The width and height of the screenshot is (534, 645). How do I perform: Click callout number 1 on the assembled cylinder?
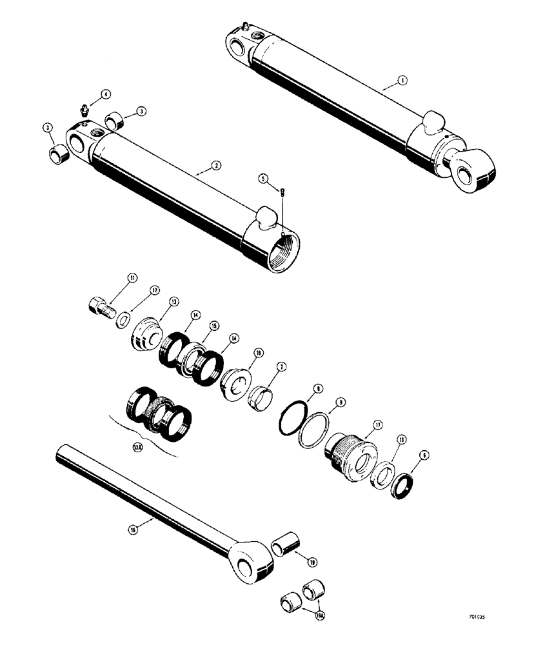coord(401,81)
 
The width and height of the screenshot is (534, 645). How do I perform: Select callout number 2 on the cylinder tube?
coord(216,165)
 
